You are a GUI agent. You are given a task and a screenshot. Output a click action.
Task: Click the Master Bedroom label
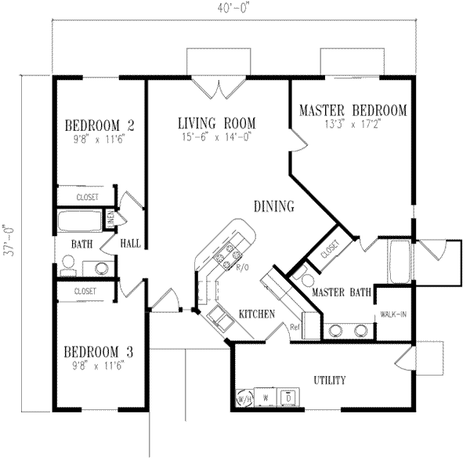tap(352, 111)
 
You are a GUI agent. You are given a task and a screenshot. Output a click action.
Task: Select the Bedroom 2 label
tap(100, 125)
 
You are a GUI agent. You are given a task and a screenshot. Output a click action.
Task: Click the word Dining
tap(274, 207)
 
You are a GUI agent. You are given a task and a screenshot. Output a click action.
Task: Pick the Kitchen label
tap(257, 315)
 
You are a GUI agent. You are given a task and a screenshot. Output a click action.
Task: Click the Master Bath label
tap(342, 293)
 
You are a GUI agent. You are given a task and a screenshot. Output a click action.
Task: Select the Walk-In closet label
tap(392, 314)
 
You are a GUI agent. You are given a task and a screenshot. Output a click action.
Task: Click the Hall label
tap(130, 244)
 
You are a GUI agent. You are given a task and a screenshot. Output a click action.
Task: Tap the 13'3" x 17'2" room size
tap(352, 125)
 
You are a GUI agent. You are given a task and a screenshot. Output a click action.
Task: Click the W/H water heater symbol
tap(243, 399)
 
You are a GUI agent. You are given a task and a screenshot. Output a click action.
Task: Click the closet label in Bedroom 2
tap(86, 197)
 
